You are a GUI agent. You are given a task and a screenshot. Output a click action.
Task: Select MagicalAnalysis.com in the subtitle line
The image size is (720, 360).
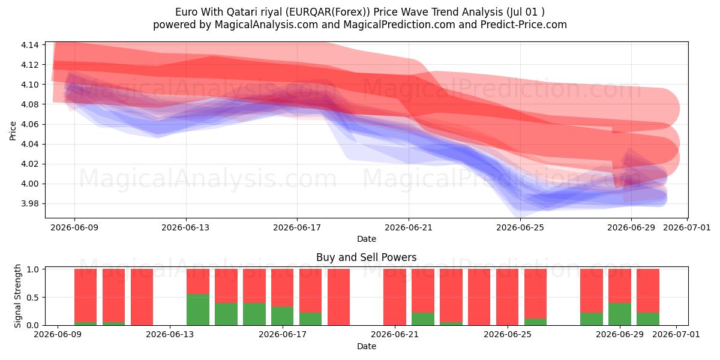point(266,25)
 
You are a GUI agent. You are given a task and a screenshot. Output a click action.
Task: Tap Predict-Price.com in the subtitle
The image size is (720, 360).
point(524,25)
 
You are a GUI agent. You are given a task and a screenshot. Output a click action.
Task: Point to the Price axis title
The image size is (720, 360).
point(13,131)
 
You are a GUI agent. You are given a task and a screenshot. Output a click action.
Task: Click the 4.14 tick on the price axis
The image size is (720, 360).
point(29,45)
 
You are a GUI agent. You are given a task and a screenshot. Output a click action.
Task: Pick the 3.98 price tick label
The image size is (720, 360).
point(29,204)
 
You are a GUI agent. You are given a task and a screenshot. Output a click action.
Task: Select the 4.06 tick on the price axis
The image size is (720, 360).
point(29,124)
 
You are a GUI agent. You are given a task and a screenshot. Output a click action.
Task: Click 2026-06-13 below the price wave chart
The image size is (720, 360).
point(185,228)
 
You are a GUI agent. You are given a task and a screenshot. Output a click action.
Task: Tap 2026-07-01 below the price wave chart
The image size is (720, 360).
point(687,228)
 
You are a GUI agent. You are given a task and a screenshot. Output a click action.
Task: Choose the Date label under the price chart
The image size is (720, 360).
point(367,239)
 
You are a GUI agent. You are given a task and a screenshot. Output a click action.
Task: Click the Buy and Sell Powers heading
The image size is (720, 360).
point(367,257)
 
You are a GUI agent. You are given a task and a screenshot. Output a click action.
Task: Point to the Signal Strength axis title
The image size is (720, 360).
point(17,296)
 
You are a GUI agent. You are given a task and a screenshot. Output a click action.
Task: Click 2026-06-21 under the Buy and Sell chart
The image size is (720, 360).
point(395,335)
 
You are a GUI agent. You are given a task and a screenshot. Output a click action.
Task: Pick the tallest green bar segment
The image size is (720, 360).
point(198,310)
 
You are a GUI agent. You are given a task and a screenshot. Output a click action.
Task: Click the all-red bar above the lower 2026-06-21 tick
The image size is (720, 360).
point(395,298)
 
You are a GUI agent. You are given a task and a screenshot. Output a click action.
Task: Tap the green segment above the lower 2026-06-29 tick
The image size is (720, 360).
point(620,314)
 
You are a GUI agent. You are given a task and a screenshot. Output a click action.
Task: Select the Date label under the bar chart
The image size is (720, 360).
point(367,347)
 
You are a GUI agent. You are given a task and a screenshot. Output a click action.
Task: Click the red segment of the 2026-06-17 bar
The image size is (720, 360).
point(282,287)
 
